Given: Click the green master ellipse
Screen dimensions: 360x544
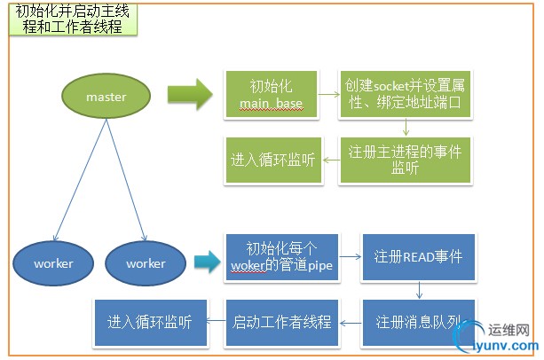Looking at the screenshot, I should [106, 97].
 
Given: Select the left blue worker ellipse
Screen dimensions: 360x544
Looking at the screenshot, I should [53, 263].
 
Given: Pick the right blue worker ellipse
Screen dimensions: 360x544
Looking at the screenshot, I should [146, 263].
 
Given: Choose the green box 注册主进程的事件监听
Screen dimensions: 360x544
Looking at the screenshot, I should [405, 159].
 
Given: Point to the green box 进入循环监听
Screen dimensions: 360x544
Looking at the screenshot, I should [272, 160].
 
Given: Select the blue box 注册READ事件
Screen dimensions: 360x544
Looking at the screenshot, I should [417, 257].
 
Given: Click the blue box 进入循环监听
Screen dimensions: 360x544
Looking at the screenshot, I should [149, 322].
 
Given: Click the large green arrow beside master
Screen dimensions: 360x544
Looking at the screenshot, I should [190, 93].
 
